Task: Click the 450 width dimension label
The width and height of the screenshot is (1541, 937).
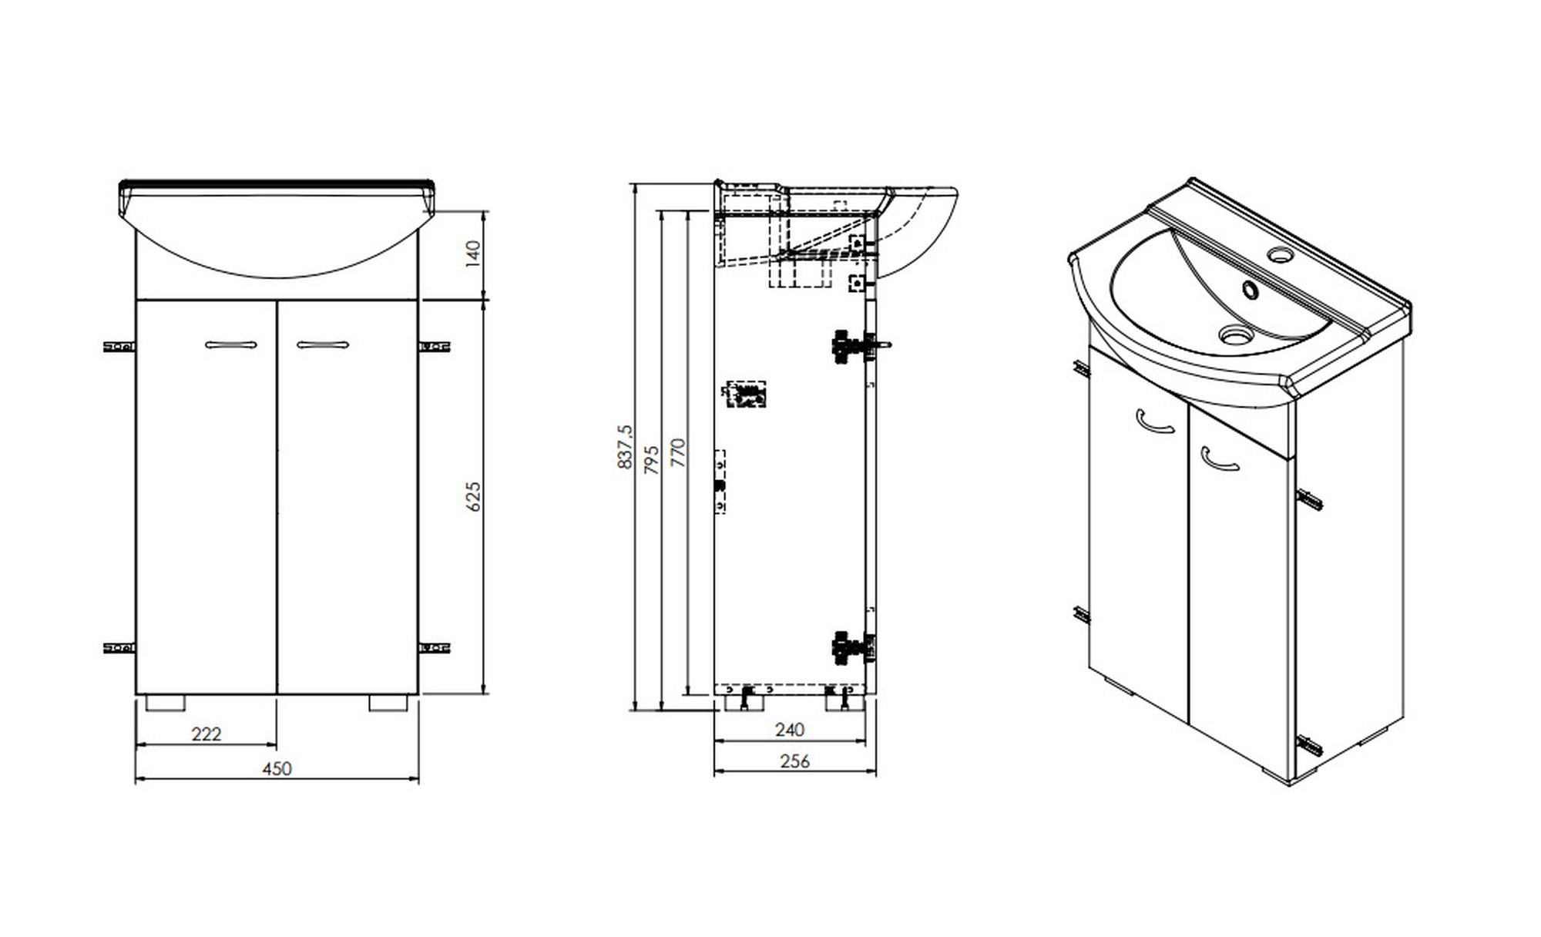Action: coord(277,768)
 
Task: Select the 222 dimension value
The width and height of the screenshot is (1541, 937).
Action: coord(206,734)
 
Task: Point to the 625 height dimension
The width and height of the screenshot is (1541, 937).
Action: coord(473,496)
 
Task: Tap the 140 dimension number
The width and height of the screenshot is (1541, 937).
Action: coord(473,254)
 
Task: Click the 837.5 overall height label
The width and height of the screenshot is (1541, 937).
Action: coord(625,446)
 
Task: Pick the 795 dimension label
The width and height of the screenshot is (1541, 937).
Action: coord(652,459)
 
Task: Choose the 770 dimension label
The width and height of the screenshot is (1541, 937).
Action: coord(678,452)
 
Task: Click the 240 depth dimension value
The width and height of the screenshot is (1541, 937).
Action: coord(790,729)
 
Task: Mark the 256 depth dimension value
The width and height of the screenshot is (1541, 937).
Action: coord(795,761)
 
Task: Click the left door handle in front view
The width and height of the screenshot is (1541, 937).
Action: coord(231,344)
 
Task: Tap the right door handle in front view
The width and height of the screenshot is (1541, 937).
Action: coord(322,344)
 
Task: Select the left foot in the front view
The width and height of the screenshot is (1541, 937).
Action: coord(166,703)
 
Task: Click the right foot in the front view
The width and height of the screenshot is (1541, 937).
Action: coord(388,703)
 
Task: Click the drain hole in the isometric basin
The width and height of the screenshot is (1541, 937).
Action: coord(1234,334)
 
